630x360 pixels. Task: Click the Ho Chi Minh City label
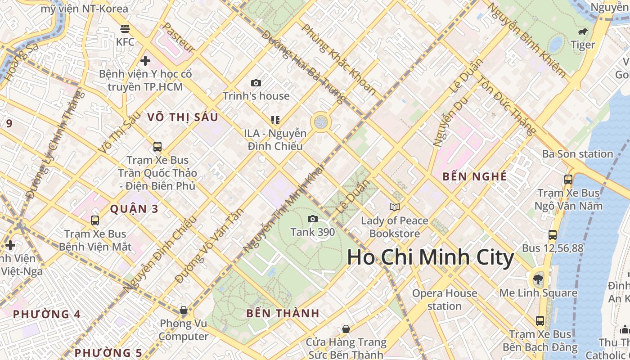430,257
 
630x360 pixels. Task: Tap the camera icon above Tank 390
312,219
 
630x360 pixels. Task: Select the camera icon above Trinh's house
256,83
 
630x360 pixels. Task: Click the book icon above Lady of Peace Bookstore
395,207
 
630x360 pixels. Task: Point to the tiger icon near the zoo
583,32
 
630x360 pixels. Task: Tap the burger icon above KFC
125,29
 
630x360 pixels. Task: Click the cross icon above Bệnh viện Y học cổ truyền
145,60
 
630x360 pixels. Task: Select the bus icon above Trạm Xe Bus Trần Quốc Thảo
157,146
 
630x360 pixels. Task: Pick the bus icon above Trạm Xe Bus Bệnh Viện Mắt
95,220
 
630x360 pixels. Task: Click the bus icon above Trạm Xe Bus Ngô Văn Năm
568,179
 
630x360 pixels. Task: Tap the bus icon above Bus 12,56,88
553,234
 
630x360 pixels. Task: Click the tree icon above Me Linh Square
538,279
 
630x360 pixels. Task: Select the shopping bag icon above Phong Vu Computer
183,310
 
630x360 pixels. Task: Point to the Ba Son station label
577,154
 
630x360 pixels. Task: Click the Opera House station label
445,300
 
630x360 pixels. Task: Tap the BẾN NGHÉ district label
474,176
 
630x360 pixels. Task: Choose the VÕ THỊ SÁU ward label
183,117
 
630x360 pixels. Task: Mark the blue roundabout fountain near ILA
321,122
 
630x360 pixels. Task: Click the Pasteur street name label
179,38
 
